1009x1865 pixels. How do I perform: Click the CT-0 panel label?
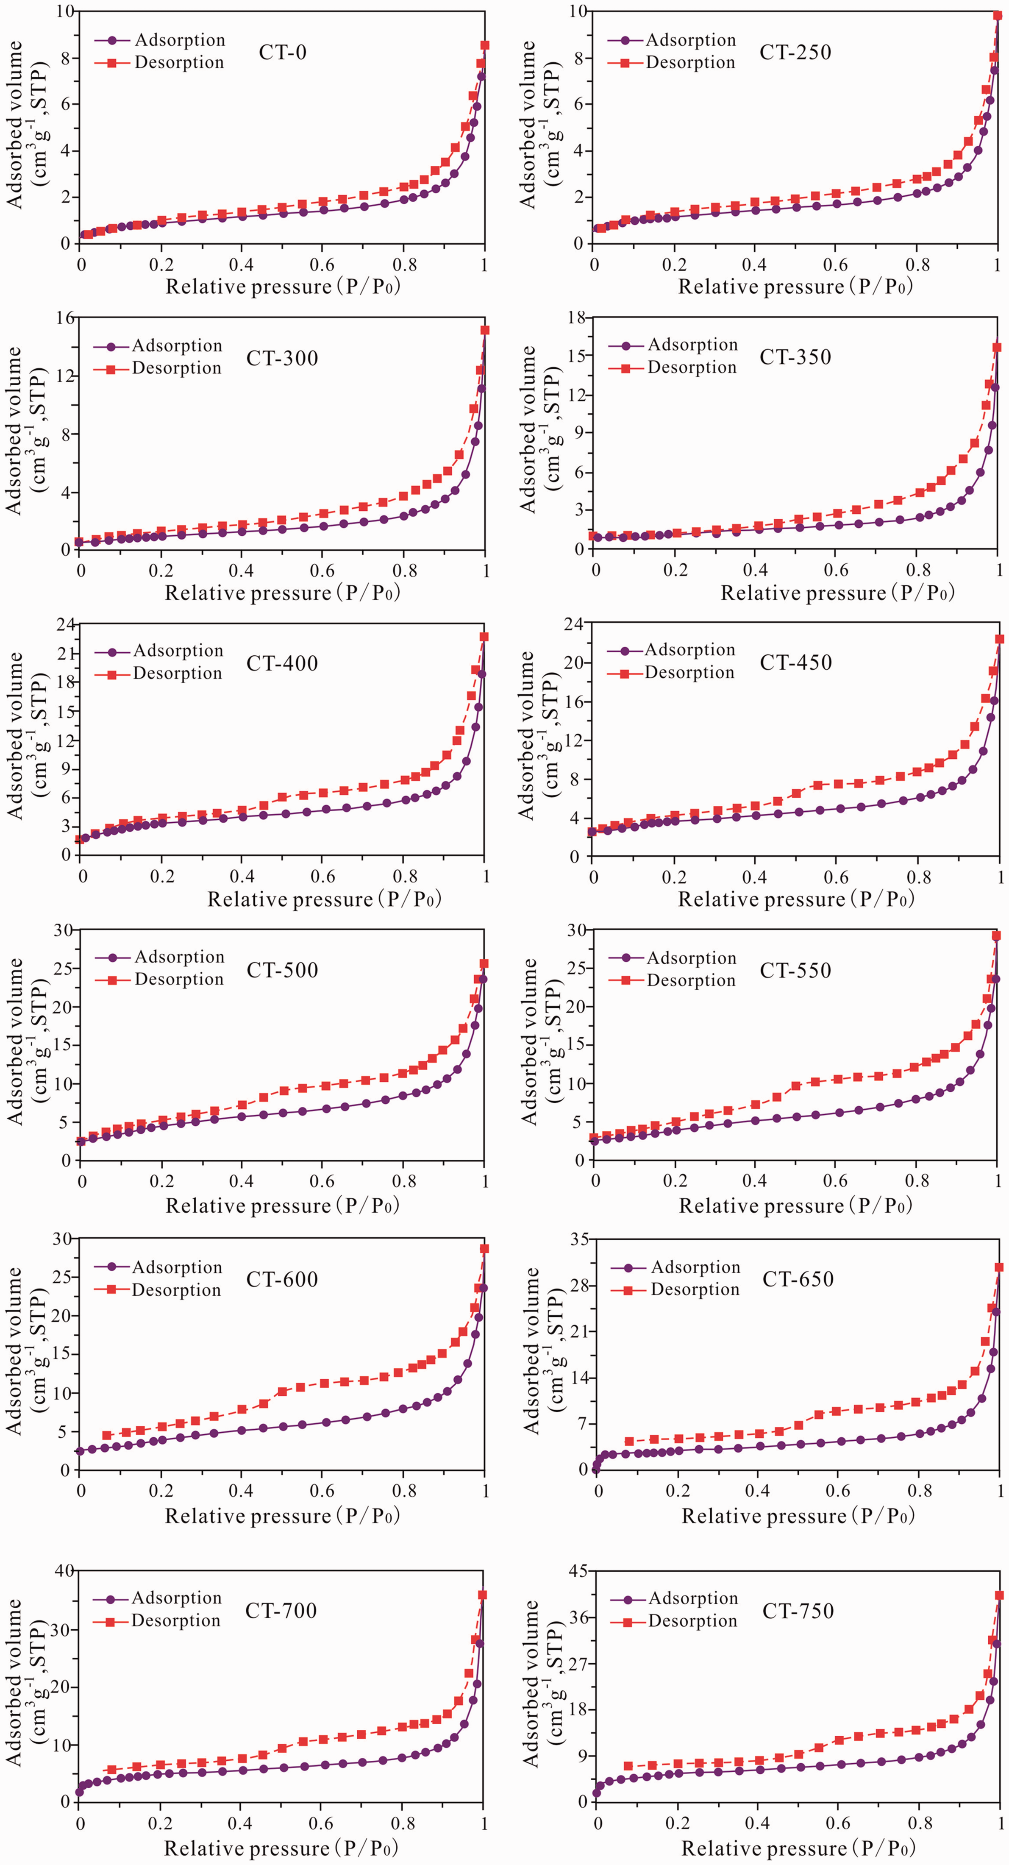pyautogui.click(x=282, y=52)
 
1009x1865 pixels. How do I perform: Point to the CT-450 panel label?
pyautogui.click(x=795, y=662)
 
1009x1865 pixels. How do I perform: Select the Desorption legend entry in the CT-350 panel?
pyautogui.click(x=673, y=368)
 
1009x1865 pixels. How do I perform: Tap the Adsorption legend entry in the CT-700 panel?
pyautogui.click(x=158, y=1598)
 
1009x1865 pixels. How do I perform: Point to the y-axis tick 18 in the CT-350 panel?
pyautogui.click(x=577, y=318)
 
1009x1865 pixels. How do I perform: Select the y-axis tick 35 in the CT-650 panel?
pyautogui.click(x=579, y=1239)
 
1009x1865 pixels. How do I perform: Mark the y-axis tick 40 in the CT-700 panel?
pyautogui.click(x=65, y=1570)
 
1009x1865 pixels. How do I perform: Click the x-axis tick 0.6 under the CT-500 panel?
pyautogui.click(x=323, y=1182)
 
